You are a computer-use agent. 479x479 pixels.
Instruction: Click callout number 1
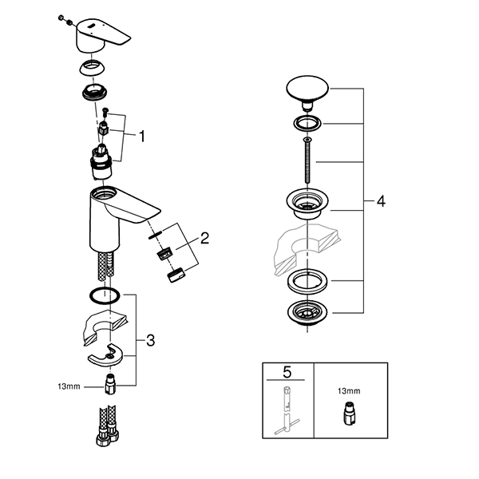(142, 137)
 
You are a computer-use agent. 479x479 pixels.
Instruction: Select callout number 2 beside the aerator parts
(204, 238)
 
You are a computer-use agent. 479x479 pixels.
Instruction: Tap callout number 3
(150, 340)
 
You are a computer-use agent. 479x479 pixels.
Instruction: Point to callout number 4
(381, 201)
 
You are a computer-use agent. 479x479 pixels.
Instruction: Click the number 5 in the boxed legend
(287, 372)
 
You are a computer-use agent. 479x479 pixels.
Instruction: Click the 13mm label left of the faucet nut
(69, 386)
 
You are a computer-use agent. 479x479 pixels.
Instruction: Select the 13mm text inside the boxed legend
(349, 390)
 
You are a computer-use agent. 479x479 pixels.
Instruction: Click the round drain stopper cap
(307, 93)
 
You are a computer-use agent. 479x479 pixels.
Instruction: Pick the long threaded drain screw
(307, 160)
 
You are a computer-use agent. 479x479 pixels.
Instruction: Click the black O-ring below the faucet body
(105, 295)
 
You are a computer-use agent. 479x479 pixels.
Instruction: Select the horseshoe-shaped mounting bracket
(105, 354)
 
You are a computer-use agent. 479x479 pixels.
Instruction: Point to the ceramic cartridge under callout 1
(101, 163)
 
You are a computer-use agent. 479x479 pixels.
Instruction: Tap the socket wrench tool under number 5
(287, 410)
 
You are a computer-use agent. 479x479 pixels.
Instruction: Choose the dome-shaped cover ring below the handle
(92, 68)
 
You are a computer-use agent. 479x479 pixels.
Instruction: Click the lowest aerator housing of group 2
(176, 275)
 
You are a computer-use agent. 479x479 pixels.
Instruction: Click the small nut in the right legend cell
(349, 414)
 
